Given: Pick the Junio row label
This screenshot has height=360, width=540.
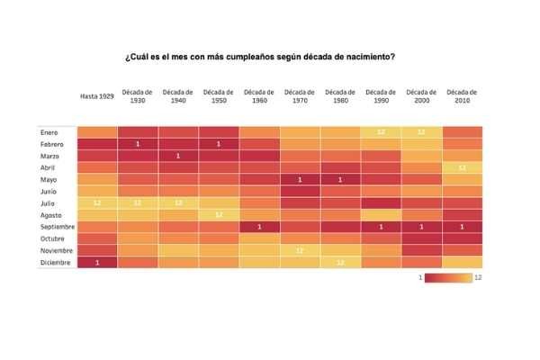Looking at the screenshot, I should coord(49,191).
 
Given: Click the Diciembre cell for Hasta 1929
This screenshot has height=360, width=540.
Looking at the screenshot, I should coord(97,261).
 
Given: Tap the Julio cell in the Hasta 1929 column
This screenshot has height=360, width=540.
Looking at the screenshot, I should coord(97,202).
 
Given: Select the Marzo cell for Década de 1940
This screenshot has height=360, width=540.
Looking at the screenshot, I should coord(178,156).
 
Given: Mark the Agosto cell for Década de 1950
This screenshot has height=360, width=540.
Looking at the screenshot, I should coord(219,214).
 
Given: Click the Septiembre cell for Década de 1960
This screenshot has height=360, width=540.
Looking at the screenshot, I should coord(259,226).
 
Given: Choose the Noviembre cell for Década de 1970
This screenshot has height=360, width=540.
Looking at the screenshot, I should coord(300,249).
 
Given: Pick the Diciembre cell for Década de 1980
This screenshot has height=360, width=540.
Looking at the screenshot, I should coord(340,261).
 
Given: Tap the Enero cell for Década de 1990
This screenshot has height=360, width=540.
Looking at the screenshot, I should coord(381,132).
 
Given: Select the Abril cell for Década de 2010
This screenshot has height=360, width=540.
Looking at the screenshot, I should coord(462,167).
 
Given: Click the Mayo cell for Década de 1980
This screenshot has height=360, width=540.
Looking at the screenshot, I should coord(340,179).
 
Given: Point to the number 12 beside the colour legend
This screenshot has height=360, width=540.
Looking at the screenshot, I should coord(479,278).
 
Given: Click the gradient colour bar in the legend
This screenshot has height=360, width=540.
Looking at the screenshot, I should coord(448,278).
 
